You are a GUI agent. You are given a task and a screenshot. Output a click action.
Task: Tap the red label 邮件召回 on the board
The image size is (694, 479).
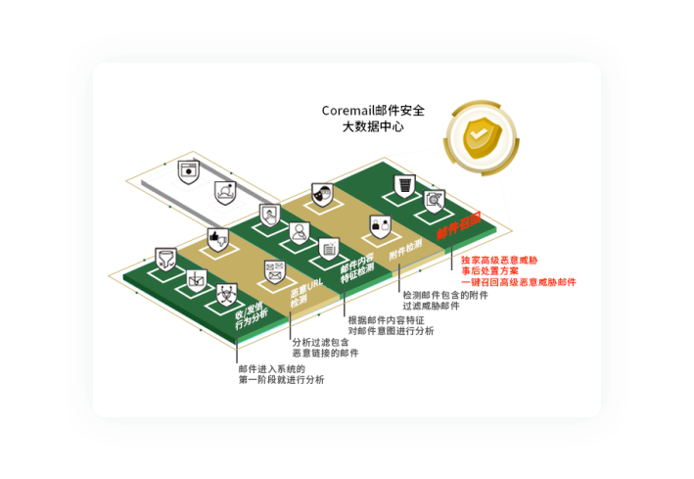pos(458,226)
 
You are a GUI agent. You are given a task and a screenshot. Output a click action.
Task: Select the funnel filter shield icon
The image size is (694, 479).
pos(165,259)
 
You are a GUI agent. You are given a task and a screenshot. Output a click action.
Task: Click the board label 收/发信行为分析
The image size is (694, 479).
pos(251,313)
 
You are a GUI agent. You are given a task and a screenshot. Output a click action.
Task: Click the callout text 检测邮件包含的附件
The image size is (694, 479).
pos(444,294)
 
